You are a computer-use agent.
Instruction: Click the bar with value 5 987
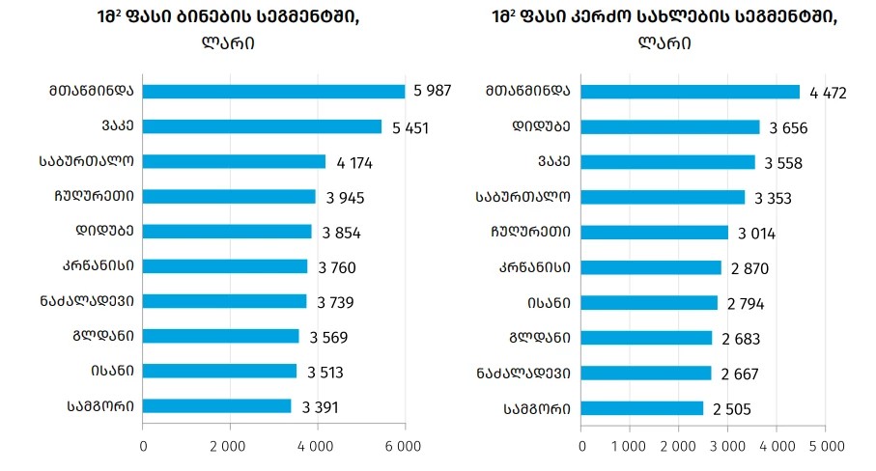[274, 92]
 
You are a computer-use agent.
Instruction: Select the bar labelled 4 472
[691, 92]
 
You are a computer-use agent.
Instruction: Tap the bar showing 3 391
[217, 406]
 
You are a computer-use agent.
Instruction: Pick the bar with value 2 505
[642, 407]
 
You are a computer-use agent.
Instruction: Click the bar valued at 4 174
[235, 161]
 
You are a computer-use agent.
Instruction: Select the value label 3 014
[756, 233]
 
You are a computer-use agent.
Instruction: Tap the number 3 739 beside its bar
[335, 302]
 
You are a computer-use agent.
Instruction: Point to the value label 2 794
[747, 304]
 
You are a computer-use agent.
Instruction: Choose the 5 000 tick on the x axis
[825, 446]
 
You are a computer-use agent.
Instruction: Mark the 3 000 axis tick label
[727, 446]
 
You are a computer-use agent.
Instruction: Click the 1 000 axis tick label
[630, 446]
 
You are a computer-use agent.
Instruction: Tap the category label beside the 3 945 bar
[94, 197]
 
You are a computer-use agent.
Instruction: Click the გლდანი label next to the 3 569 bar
[106, 336]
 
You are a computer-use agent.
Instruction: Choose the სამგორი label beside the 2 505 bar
[536, 407]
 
